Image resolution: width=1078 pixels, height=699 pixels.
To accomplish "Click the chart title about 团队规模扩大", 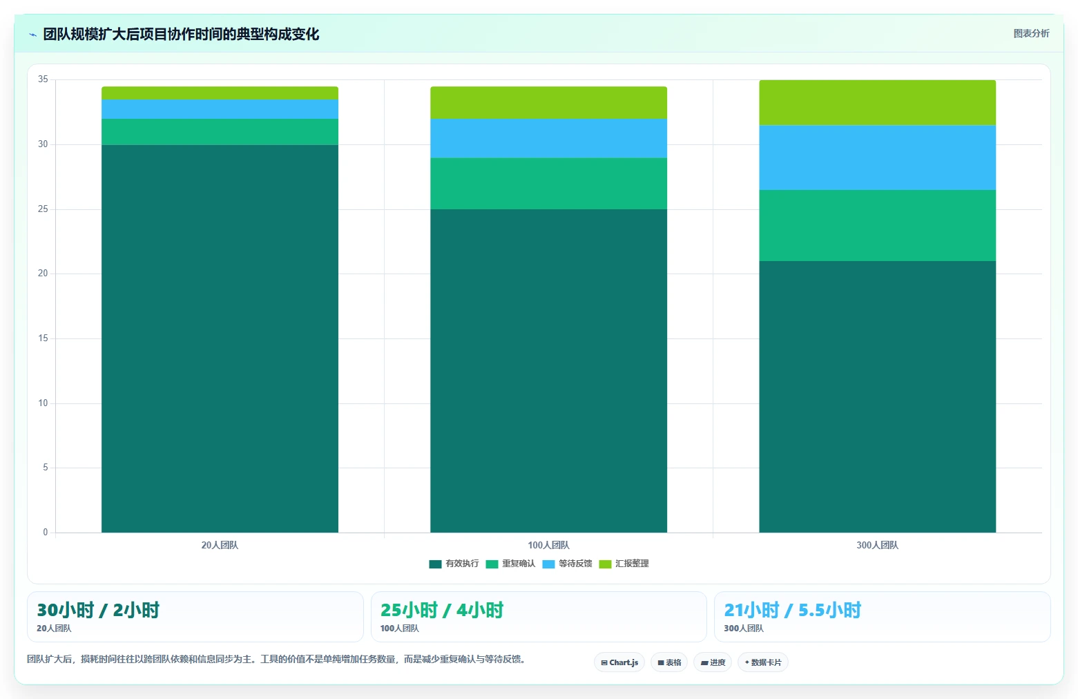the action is [181, 34].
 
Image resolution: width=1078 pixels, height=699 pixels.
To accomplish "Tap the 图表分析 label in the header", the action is [1031, 34].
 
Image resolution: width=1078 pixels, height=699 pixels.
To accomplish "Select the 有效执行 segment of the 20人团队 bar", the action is [220, 338].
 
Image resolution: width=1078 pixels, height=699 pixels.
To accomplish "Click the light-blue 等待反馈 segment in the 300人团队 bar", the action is [877, 157].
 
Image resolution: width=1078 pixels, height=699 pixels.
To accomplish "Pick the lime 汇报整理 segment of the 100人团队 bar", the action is [548, 102].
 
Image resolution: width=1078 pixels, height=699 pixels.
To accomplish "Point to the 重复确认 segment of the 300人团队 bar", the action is [877, 225].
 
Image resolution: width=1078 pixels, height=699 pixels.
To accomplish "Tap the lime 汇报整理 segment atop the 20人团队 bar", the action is [220, 93].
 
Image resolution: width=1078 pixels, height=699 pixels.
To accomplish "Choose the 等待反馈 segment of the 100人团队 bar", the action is [548, 138].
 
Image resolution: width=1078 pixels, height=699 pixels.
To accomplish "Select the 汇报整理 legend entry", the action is [624, 564].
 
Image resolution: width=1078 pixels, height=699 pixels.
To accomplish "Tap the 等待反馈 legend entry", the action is [567, 564].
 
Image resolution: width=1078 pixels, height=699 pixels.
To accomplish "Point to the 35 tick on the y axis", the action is [43, 79].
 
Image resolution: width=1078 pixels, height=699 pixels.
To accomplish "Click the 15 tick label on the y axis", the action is [43, 338].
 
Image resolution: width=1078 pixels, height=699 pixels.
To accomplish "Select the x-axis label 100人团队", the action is [548, 545].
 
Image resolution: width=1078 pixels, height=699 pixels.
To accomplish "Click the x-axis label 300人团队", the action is [877, 545].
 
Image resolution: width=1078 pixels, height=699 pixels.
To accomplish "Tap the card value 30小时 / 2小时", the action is [98, 610].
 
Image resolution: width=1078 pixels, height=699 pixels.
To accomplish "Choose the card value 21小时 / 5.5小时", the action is [793, 610].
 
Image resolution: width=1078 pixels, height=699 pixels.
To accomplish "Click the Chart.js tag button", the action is [619, 662].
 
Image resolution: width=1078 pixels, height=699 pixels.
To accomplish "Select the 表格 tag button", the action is [669, 662].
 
